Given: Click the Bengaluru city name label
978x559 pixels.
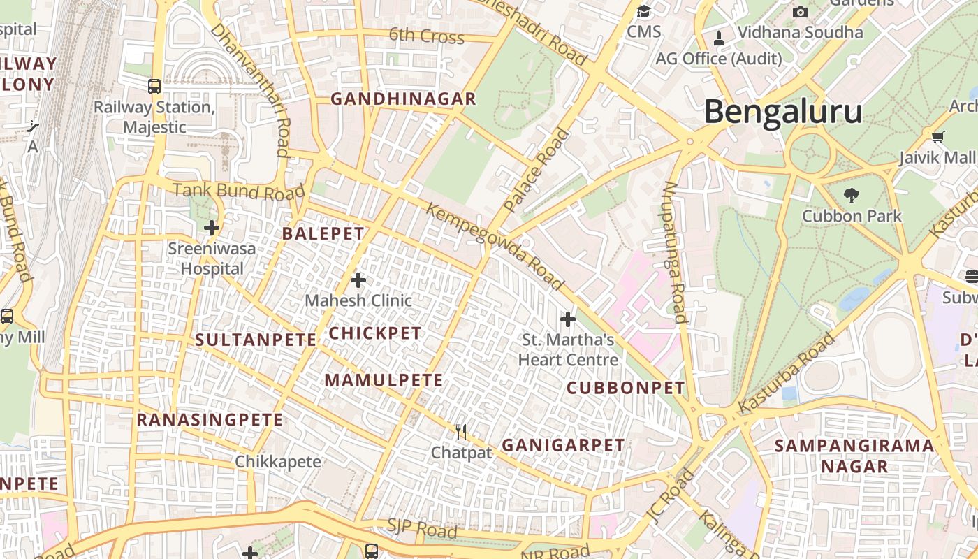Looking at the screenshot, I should tap(782, 112).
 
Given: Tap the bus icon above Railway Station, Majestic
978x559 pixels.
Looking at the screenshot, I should tap(154, 87).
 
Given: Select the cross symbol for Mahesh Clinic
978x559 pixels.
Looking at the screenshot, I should tap(358, 280).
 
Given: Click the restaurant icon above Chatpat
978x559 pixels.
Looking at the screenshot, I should tap(460, 432).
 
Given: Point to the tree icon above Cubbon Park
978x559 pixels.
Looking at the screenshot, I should tap(851, 196).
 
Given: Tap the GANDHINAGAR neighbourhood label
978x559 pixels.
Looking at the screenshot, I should tap(403, 99).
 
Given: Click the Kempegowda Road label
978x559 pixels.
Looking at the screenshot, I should tap(494, 247).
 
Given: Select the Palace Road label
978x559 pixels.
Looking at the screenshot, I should tap(537, 170).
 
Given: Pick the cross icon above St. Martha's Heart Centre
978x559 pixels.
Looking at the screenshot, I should tap(568, 319).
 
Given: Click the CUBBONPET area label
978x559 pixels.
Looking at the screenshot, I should tap(625, 388).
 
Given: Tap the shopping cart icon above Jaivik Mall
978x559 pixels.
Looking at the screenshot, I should tap(937, 137).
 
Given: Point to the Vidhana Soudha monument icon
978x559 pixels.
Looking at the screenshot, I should tap(718, 36).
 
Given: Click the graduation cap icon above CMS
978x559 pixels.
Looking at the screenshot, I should tap(643, 11).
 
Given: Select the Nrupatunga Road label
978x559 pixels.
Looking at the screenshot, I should tap(673, 252).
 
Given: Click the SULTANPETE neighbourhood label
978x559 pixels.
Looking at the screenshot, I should tap(255, 340).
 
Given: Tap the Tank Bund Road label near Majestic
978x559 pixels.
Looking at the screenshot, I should tap(239, 191).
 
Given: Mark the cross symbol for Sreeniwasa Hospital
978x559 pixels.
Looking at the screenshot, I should tap(212, 228).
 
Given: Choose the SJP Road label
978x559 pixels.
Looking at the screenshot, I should tap(422, 529).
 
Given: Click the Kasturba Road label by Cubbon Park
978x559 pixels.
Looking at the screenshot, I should tap(787, 372).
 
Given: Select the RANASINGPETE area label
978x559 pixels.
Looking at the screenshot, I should tap(210, 420).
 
